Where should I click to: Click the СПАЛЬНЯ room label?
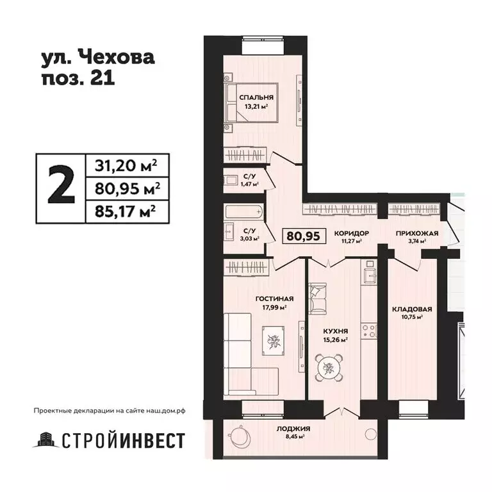click(x=252, y=97)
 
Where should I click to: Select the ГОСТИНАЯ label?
click(x=274, y=298)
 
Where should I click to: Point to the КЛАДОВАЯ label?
click(x=412, y=308)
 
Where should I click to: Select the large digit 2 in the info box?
click(x=60, y=187)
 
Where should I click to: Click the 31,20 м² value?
click(x=122, y=166)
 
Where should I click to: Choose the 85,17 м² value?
click(x=122, y=209)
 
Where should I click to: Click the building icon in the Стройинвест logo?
click(x=44, y=440)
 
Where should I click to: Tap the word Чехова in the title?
click(x=116, y=59)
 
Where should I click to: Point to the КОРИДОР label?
click(x=352, y=233)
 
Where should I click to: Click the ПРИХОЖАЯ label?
click(x=416, y=233)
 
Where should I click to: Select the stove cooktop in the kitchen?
click(x=369, y=331)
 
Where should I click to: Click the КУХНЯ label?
click(x=335, y=332)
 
